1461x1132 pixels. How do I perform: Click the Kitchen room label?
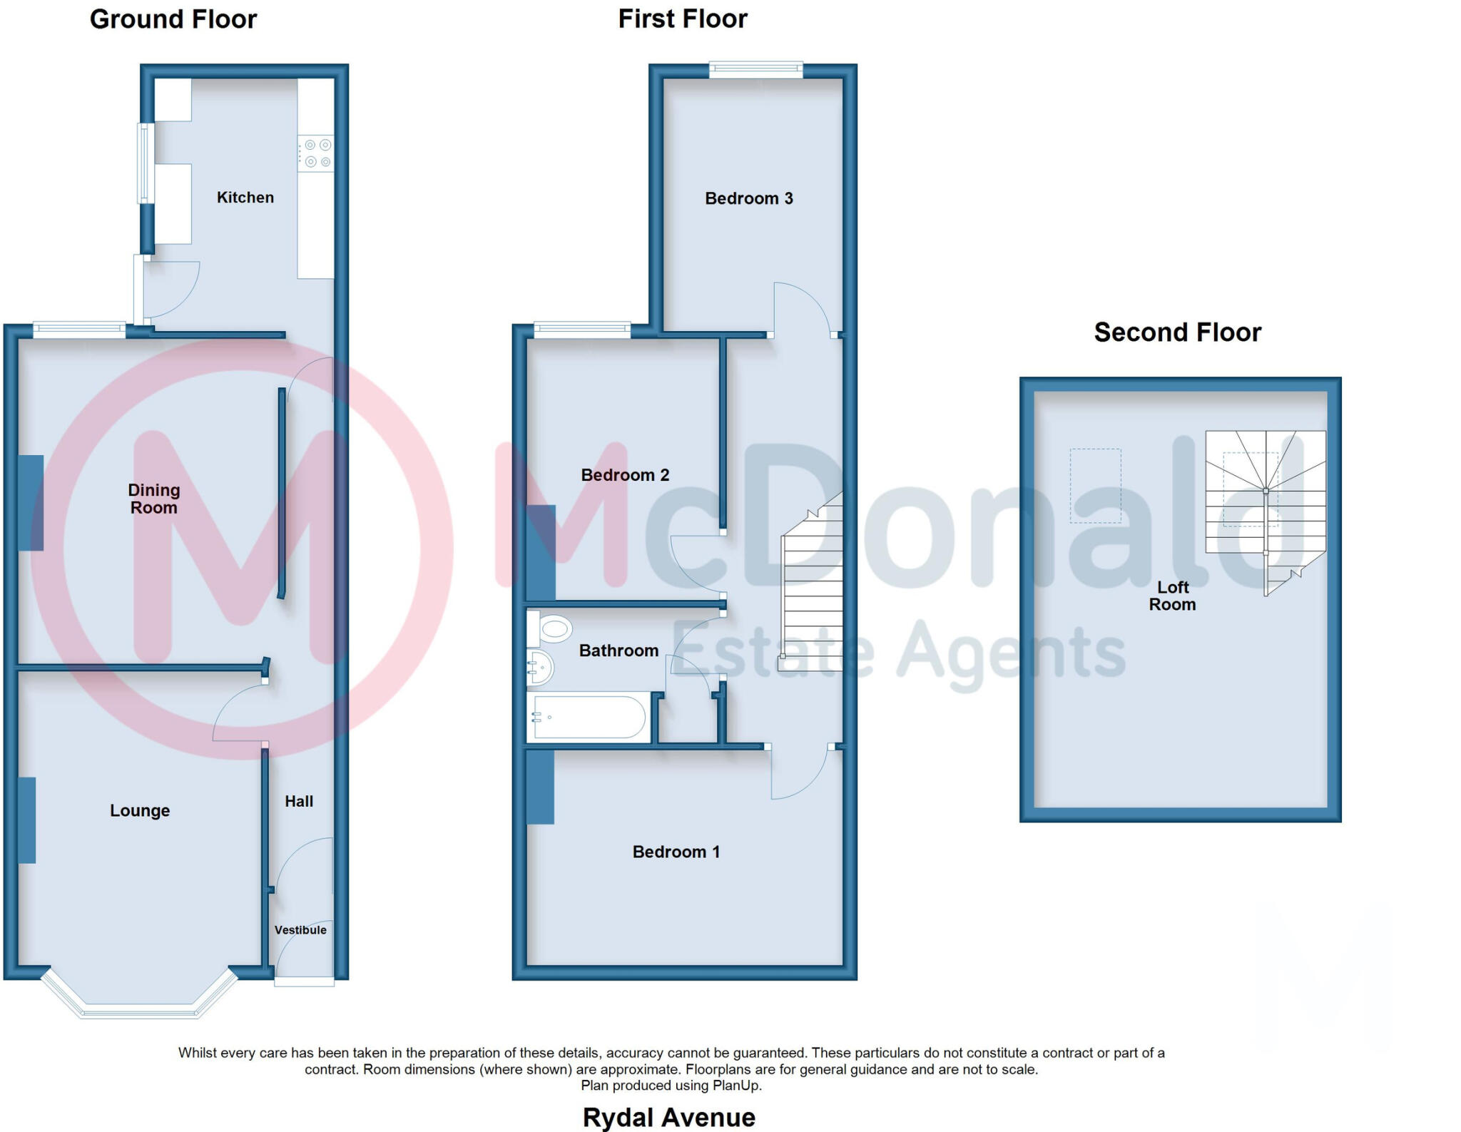coord(245,198)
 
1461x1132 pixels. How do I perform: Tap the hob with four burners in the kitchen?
coord(315,153)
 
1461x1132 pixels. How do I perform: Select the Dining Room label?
coord(153,499)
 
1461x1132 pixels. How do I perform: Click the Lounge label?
coord(140,810)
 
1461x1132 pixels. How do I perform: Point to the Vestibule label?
coord(300,930)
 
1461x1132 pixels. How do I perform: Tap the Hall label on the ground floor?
coord(299,801)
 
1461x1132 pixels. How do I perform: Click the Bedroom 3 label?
coord(748,198)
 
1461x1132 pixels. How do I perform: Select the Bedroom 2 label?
coord(625,475)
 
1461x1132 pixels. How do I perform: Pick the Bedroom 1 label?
coord(676,852)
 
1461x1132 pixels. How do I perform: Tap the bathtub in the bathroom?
coord(589,717)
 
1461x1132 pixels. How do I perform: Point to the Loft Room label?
coord(1172,596)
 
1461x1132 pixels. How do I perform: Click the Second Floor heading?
coord(1177,332)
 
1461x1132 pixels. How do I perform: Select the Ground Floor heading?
coord(173,19)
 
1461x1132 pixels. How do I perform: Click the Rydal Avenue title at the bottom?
coord(668,1117)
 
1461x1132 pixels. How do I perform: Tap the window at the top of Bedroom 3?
coord(755,69)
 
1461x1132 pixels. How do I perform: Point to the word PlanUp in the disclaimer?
coord(736,1086)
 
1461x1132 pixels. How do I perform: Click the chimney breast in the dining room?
coord(31,503)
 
